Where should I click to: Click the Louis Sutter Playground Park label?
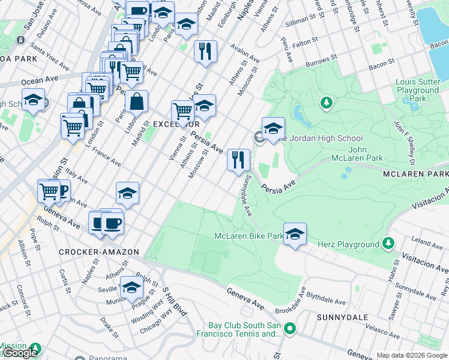click(x=418, y=90)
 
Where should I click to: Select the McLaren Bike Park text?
click(x=249, y=236)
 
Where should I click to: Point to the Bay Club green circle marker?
click(x=290, y=328)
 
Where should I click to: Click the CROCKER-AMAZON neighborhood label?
click(x=99, y=253)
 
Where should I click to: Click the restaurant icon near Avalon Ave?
click(x=205, y=51)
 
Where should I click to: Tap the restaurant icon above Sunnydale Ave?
click(x=238, y=160)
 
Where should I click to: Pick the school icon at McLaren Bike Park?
click(x=295, y=234)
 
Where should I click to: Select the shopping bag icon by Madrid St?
click(x=137, y=101)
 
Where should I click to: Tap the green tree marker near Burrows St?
click(x=326, y=103)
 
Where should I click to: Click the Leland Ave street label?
click(x=428, y=243)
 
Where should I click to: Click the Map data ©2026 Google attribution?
click(x=411, y=355)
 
